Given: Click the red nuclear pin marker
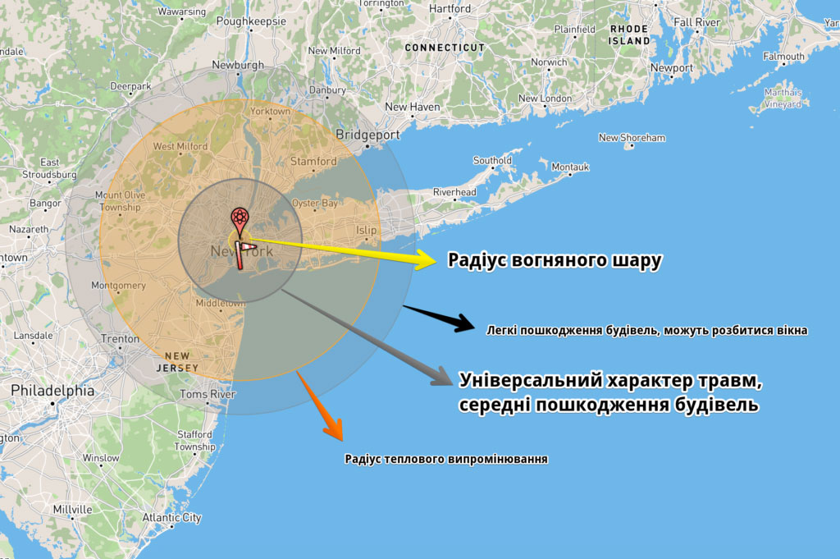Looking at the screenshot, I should (x=239, y=219).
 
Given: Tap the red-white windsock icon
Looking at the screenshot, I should (x=244, y=253).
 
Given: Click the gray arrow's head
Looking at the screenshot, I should (x=440, y=378).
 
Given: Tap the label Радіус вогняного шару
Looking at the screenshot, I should (x=555, y=261).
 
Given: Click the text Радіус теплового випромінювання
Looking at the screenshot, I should (x=446, y=459).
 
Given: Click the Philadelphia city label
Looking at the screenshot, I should (x=52, y=391).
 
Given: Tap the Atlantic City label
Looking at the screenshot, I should (x=171, y=518).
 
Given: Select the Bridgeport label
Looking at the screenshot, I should (x=367, y=135).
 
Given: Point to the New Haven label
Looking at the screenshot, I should (x=412, y=107).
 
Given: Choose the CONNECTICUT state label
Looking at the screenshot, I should (x=445, y=48).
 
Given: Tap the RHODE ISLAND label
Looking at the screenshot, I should (x=629, y=34).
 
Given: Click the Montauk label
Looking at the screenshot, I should (x=570, y=167).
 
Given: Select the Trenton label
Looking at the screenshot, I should (x=120, y=338).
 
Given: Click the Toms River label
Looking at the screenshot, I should (x=208, y=394).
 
